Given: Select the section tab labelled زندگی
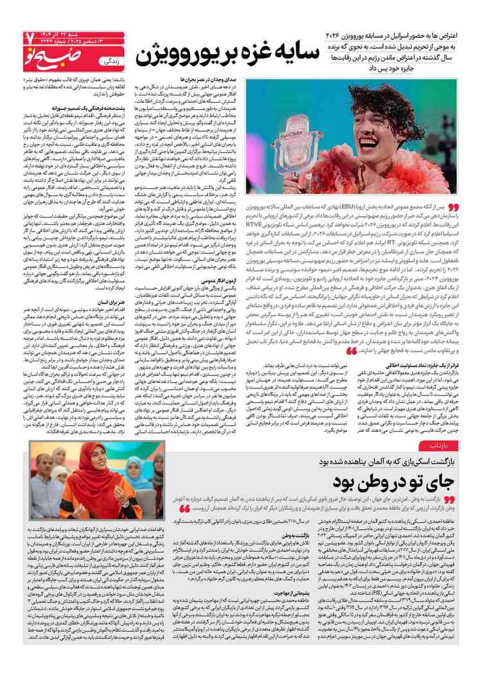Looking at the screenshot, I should (110, 62).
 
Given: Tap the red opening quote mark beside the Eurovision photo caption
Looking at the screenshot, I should (453, 208).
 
